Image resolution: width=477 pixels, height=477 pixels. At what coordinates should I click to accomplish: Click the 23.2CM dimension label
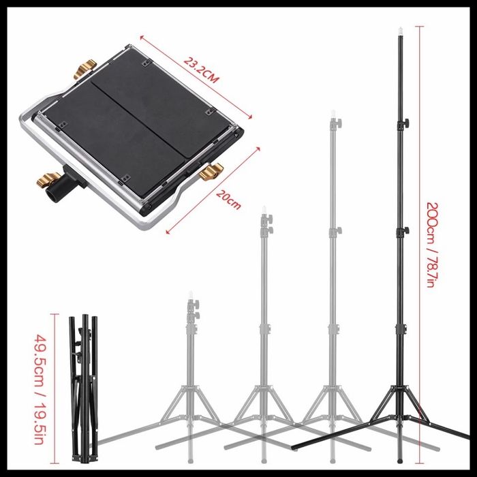(201, 70)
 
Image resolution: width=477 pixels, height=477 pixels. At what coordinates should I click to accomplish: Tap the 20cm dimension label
(229, 200)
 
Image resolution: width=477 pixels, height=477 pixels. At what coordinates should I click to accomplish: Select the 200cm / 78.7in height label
(433, 245)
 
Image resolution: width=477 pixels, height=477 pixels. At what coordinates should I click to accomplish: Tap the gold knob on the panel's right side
(211, 171)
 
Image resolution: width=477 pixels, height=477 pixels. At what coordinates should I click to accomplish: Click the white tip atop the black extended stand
(401, 31)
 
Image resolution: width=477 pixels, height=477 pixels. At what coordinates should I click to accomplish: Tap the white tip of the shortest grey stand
(191, 295)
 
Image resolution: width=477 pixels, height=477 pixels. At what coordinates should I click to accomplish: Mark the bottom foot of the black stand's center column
(401, 460)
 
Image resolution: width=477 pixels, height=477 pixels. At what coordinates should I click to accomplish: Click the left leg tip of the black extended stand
(294, 447)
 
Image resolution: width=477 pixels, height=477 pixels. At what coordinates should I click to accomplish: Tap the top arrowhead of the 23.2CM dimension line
(142, 37)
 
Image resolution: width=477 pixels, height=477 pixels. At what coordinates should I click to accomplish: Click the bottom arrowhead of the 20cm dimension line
(168, 232)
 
